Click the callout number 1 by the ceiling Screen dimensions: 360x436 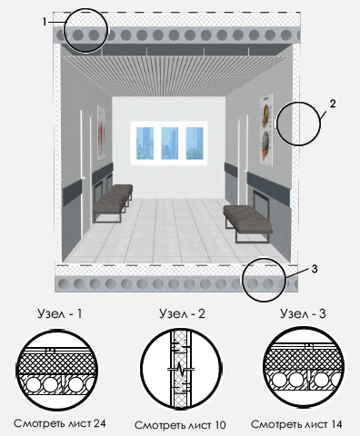[x=45, y=22]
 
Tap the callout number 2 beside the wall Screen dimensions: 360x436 [x=333, y=104]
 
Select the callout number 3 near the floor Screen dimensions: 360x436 [x=315, y=269]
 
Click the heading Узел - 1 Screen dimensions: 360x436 [x=60, y=313]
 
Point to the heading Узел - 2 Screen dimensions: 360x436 [x=182, y=313]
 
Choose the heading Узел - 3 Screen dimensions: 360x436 [x=303, y=313]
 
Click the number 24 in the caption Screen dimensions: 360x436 [x=99, y=423]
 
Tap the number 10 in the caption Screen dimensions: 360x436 [x=219, y=425]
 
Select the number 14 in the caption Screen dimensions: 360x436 [x=335, y=424]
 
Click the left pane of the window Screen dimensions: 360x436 [x=145, y=144]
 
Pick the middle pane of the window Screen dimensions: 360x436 [x=169, y=144]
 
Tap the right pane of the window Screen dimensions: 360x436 [x=195, y=144]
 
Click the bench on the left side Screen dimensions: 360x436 [x=113, y=202]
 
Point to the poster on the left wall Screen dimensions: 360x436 [x=101, y=133]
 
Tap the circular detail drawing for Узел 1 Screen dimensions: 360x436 [x=56, y=370]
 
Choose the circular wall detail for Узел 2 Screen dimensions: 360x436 [x=181, y=370]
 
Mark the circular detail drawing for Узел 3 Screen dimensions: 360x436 [x=303, y=368]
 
